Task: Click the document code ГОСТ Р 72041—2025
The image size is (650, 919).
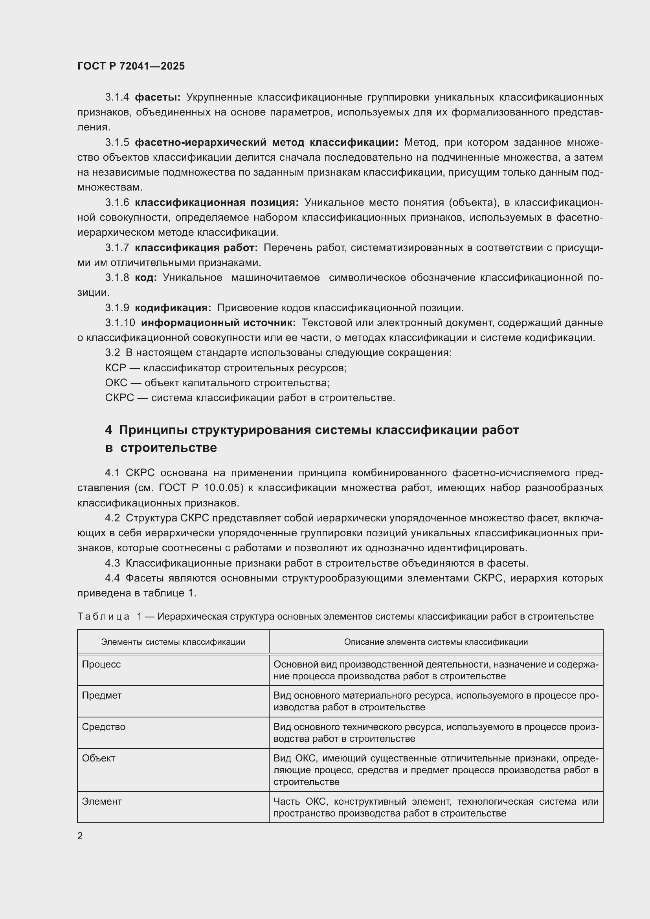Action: click(131, 66)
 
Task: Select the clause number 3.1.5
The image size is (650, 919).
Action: click(117, 143)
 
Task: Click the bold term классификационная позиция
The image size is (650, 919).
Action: click(217, 202)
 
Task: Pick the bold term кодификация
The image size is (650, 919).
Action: click(173, 308)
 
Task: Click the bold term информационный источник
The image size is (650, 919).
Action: click(218, 323)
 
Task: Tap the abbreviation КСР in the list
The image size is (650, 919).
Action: click(115, 368)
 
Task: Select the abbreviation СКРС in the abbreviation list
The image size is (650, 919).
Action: click(119, 398)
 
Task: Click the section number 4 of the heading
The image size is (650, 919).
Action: click(108, 430)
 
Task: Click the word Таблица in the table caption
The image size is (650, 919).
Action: click(103, 616)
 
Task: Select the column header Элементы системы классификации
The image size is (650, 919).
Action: click(173, 642)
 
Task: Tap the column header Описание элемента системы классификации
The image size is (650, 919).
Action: click(435, 642)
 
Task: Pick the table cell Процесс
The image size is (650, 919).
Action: click(101, 664)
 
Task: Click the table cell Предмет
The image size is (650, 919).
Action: click(102, 696)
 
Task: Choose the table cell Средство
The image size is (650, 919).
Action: click(104, 727)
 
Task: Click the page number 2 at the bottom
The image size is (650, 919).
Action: click(80, 836)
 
